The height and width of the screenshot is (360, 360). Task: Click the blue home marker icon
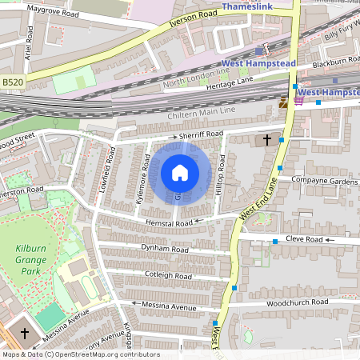click(x=180, y=173)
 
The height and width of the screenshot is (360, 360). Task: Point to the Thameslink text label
click(x=249, y=6)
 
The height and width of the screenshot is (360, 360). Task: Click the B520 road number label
click(x=14, y=82)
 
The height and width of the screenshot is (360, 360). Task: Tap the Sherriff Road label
click(x=200, y=135)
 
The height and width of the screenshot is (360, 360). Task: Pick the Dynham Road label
click(x=164, y=250)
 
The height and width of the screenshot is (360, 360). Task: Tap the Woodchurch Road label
click(x=297, y=302)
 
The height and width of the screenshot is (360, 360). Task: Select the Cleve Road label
click(x=303, y=240)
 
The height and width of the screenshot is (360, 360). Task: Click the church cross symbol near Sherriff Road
click(x=266, y=141)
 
